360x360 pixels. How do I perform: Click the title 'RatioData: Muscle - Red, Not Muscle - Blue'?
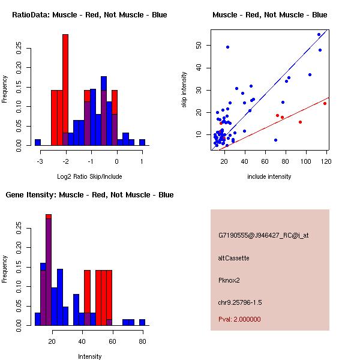coord(89,14)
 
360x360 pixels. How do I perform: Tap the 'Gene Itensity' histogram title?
coord(89,194)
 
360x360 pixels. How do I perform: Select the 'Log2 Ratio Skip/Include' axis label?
coord(91,176)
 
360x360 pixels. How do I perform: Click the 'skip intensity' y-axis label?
coord(185,90)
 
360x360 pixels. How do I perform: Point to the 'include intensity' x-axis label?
coord(269,176)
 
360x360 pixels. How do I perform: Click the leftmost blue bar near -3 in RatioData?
coord(37,142)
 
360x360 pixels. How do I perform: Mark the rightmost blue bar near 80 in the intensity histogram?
coord(142,322)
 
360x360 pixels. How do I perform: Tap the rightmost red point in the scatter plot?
coord(325,103)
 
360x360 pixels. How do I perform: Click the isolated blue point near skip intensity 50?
coord(227,47)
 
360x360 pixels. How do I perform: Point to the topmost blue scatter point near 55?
coord(319,34)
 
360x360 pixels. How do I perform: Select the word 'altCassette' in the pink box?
coord(233,258)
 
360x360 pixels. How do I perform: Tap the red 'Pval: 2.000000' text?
coord(239,319)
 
